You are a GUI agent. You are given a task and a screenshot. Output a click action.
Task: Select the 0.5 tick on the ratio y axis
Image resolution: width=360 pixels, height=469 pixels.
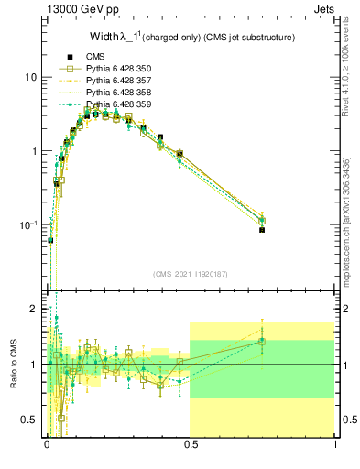tap(31, 420)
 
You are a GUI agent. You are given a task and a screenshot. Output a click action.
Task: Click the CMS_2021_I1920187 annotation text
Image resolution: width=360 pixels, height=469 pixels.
tap(191, 274)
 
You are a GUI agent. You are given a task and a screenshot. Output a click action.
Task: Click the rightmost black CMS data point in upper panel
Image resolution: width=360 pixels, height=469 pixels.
tap(262, 230)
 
